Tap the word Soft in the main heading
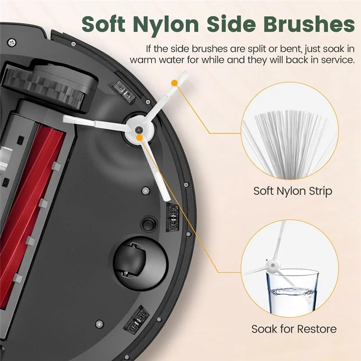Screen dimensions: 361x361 tap(108, 23)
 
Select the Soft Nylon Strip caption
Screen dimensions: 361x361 tap(292, 190)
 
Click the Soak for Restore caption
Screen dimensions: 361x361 tap(294, 329)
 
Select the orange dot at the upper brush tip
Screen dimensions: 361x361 tap(174, 83)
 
